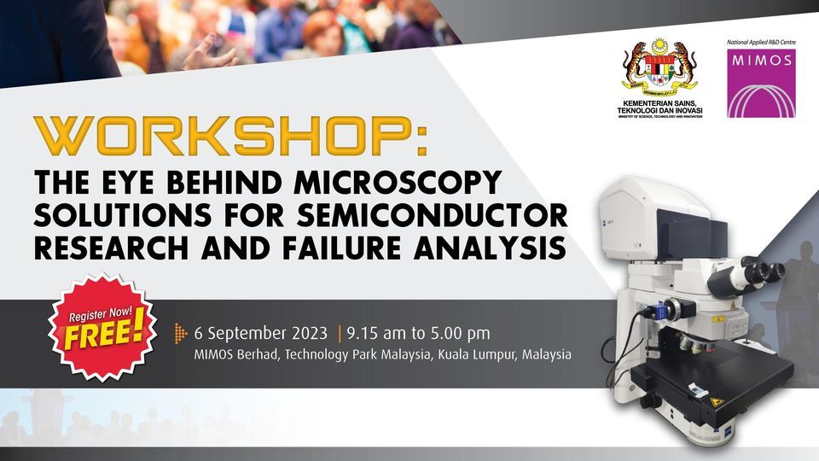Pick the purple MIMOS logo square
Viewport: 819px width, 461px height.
coord(760,83)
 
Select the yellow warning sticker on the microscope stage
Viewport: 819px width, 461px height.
coord(716,400)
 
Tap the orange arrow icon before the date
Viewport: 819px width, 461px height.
coord(180,332)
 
